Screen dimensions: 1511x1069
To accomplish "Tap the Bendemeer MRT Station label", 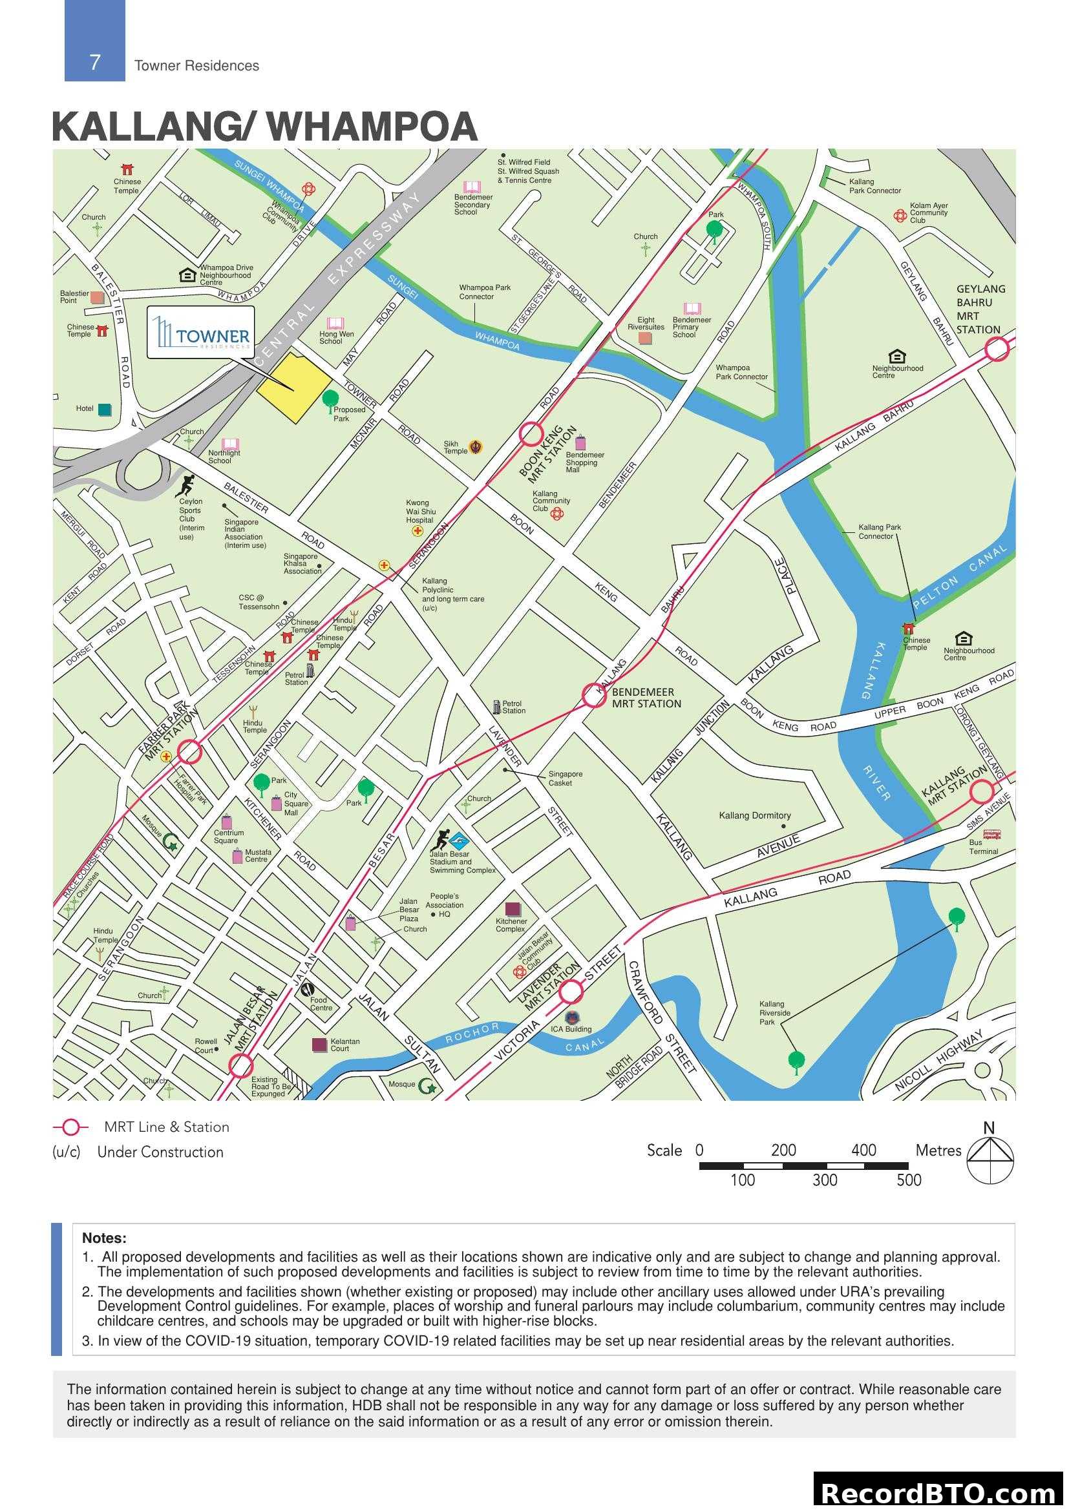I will [646, 698].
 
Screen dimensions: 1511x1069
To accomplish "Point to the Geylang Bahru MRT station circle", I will [997, 349].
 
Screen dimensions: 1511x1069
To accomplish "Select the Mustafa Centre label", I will [257, 855].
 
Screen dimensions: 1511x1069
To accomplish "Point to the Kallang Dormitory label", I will [754, 815].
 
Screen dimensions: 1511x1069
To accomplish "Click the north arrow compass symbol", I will [990, 1162].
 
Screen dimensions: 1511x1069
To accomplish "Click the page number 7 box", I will [95, 62].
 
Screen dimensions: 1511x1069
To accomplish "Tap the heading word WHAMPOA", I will [372, 127].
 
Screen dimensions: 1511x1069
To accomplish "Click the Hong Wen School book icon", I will [335, 323].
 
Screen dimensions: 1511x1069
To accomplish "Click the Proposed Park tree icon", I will [330, 399].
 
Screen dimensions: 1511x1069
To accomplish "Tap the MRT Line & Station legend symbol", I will [70, 1127].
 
